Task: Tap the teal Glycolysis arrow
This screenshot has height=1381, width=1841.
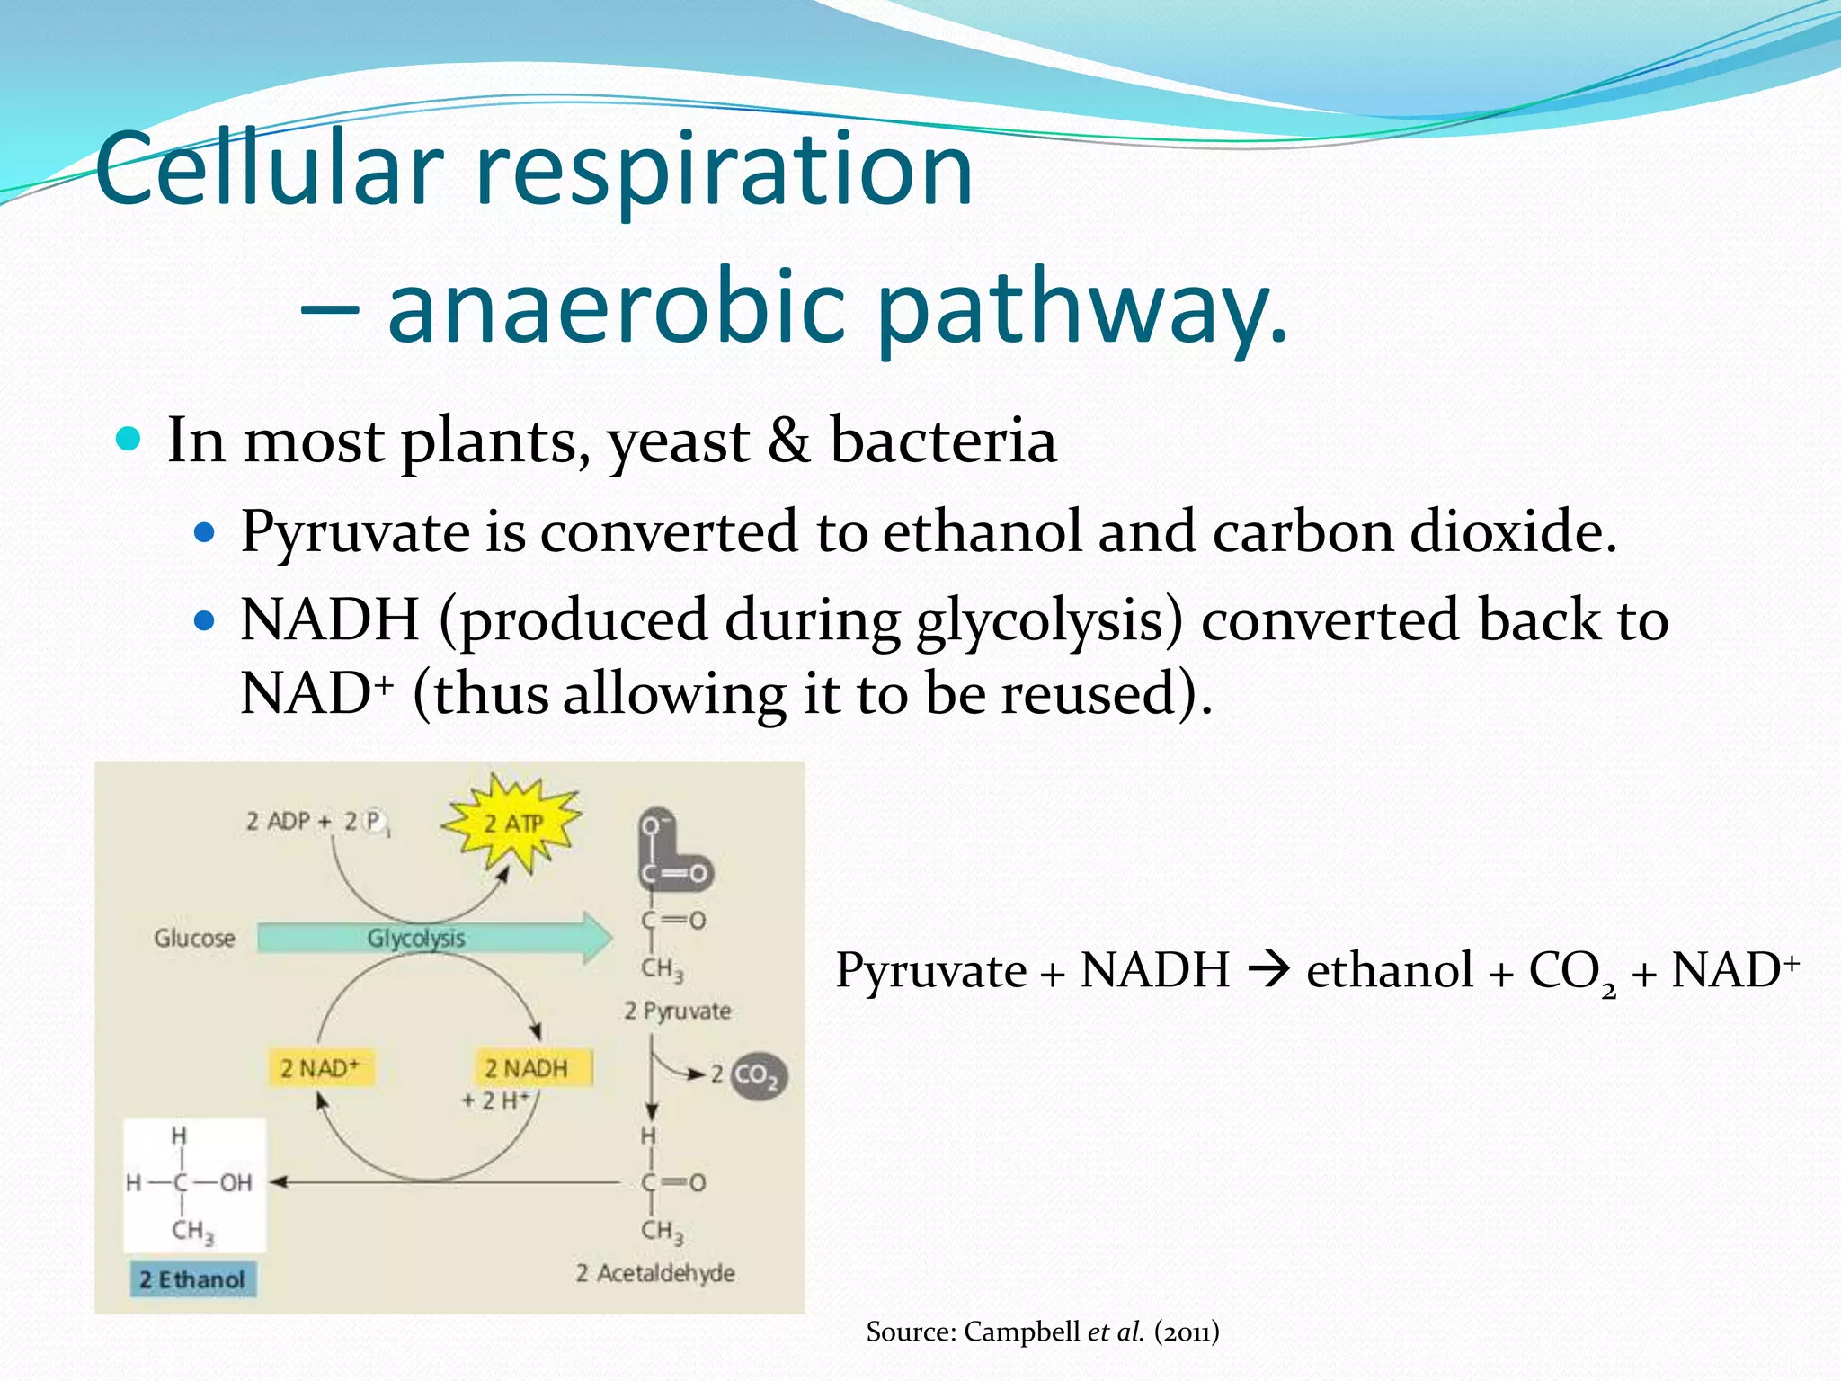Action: point(431,939)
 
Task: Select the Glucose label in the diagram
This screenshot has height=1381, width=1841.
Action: point(194,939)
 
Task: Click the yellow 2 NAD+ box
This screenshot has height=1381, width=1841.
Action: point(320,1068)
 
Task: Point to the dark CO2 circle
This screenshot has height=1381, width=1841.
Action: point(757,1075)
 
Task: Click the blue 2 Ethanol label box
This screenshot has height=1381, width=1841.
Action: point(192,1279)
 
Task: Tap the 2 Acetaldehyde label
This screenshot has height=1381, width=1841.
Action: point(655,1273)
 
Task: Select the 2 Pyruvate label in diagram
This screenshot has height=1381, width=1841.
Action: point(678,1011)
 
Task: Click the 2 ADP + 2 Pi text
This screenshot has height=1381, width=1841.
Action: point(316,822)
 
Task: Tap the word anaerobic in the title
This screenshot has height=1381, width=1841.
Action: point(616,309)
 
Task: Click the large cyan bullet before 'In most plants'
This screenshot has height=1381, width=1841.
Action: point(129,440)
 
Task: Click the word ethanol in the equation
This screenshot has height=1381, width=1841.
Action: point(1389,971)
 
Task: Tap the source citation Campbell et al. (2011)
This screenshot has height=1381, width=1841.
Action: point(1043,1332)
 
